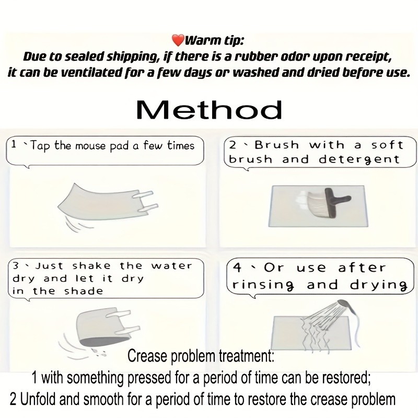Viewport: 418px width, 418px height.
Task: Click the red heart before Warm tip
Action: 178,40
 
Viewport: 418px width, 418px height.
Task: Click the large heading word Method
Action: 209,110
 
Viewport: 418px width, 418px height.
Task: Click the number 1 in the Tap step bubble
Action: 14,145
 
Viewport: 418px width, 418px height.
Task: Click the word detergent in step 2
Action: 359,160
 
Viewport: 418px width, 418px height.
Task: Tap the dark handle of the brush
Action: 336,202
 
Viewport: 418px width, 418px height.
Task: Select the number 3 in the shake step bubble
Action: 16,266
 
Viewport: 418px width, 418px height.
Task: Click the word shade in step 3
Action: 84,291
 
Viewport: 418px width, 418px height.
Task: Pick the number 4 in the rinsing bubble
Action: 237,268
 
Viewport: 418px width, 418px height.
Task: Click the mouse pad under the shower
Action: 312,333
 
